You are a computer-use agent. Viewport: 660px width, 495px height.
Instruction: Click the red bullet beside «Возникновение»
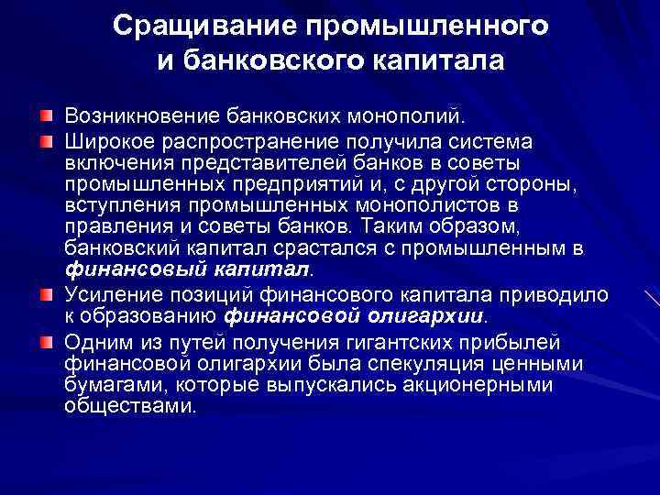[x=46, y=117]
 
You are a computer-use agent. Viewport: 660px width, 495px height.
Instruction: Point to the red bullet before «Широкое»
[x=46, y=141]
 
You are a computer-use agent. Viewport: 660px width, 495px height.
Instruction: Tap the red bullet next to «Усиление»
[x=46, y=292]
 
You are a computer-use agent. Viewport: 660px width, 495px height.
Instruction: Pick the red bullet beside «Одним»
[x=46, y=342]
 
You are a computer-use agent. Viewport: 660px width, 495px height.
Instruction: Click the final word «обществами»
[x=130, y=405]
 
